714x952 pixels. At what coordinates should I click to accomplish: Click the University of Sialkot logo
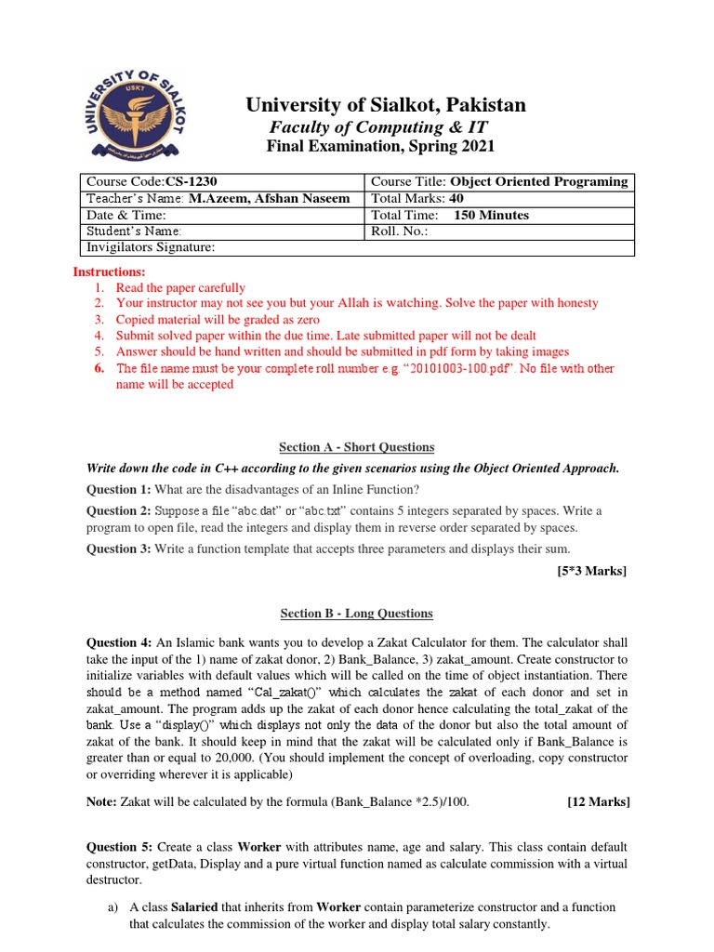pos(136,113)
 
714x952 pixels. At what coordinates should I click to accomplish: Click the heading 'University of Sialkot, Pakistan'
pos(385,105)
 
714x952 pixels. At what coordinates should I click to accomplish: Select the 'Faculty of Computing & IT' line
pos(378,126)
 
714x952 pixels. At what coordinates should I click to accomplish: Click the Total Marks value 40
pos(456,198)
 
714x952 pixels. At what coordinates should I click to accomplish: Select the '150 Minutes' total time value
pos(491,215)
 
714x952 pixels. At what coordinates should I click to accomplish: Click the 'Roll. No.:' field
pos(400,231)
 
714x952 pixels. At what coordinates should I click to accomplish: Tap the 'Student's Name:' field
pos(134,231)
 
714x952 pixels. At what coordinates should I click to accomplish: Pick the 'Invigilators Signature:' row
pos(151,247)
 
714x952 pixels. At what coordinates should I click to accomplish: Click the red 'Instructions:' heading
pos(110,271)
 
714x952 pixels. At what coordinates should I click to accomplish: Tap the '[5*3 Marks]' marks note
pos(591,571)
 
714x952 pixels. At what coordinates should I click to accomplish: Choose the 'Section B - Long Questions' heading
pos(357,614)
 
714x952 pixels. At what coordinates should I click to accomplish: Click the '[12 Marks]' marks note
pos(598,801)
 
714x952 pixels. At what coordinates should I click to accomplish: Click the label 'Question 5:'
pos(118,848)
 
